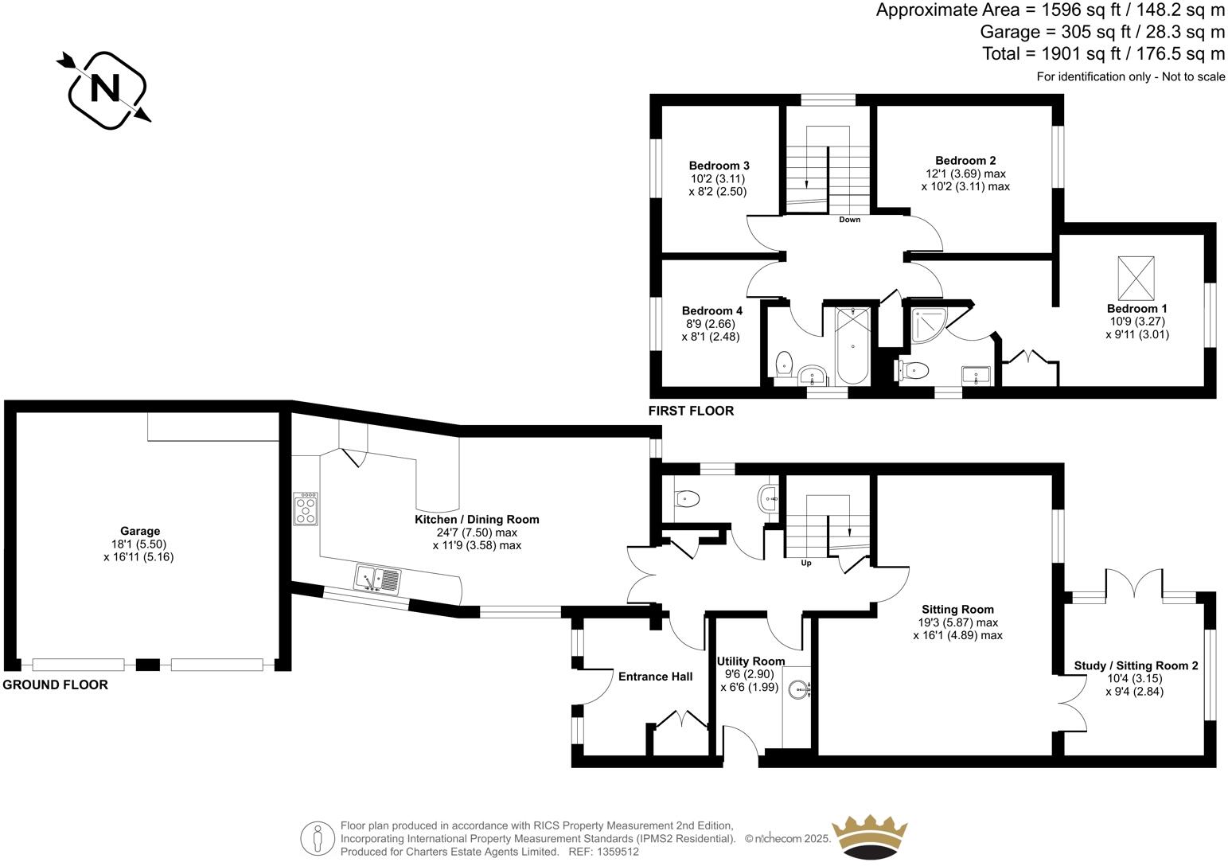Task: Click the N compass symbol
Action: coord(105,89)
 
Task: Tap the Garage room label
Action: coord(139,531)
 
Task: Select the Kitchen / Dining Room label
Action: coord(477,519)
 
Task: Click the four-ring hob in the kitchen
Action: coord(306,509)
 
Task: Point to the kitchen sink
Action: coord(378,579)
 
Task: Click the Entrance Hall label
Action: coord(655,677)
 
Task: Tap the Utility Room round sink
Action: coord(797,690)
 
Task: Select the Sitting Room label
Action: coord(957,610)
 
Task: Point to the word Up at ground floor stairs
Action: coord(805,563)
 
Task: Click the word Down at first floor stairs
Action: coord(849,220)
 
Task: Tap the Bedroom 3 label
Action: coord(719,166)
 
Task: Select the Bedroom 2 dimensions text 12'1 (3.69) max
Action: coord(965,174)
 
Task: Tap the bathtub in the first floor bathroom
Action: coord(852,346)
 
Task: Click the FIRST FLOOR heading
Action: coord(691,411)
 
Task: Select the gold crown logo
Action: coord(869,837)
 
